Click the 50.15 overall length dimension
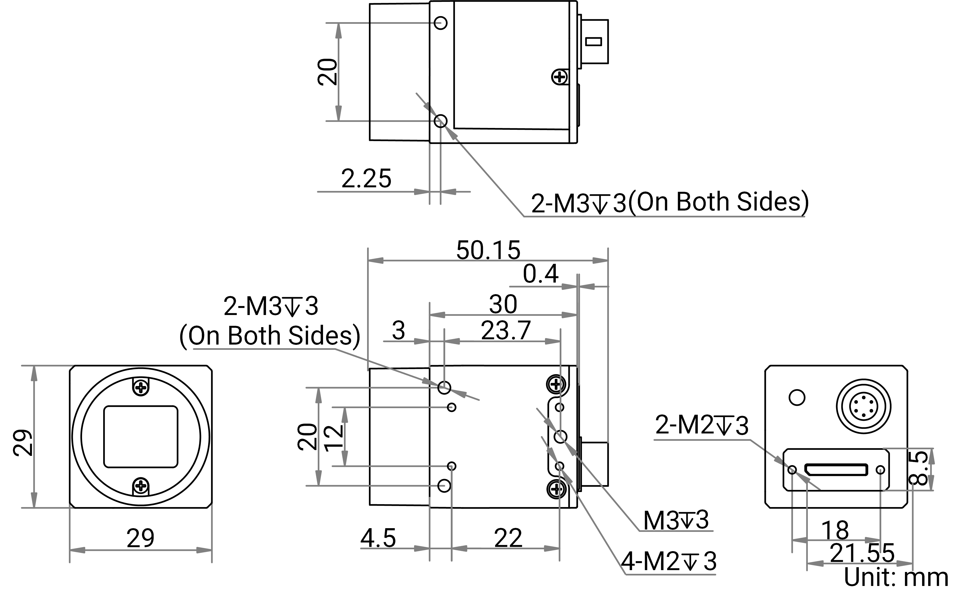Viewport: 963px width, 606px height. tap(488, 251)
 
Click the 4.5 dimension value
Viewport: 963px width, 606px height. tap(378, 538)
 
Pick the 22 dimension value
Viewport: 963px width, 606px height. tap(508, 538)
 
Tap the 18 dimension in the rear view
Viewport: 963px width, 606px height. tap(835, 531)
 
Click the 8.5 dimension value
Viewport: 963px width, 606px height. tap(918, 468)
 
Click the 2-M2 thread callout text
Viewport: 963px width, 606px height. tap(701, 425)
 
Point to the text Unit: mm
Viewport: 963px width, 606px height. tap(896, 577)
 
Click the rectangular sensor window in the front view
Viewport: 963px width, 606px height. tap(141, 437)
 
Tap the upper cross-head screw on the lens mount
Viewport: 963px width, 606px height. tap(141, 387)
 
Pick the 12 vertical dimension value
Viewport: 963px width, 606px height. tap(334, 437)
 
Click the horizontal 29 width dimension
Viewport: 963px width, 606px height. tap(140, 538)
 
